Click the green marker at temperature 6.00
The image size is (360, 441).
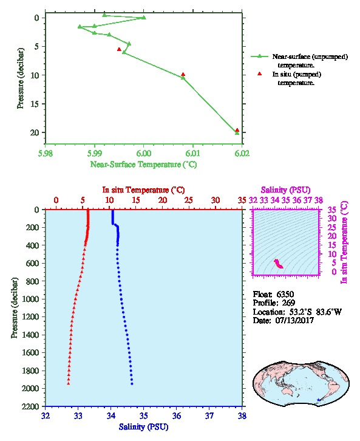click(144, 18)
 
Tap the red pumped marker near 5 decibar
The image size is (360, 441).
click(119, 49)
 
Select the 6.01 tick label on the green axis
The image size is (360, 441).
click(193, 153)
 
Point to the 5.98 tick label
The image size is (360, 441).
click(46, 153)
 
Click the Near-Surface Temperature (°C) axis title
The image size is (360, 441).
click(143, 165)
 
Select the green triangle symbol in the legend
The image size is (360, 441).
click(259, 56)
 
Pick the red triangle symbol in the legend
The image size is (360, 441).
click(260, 73)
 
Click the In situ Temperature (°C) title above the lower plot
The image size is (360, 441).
click(143, 190)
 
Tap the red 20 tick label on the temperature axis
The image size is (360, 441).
click(163, 200)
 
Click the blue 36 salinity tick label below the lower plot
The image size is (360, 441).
click(177, 415)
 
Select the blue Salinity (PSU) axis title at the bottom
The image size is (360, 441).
click(144, 427)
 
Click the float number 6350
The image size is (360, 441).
click(285, 295)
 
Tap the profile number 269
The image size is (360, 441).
click(288, 303)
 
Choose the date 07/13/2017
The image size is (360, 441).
click(294, 320)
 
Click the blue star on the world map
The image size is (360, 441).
click(318, 400)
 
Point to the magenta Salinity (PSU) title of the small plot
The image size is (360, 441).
click(285, 190)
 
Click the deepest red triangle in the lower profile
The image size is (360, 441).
click(68, 383)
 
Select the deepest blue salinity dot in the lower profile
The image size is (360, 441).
click(132, 384)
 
